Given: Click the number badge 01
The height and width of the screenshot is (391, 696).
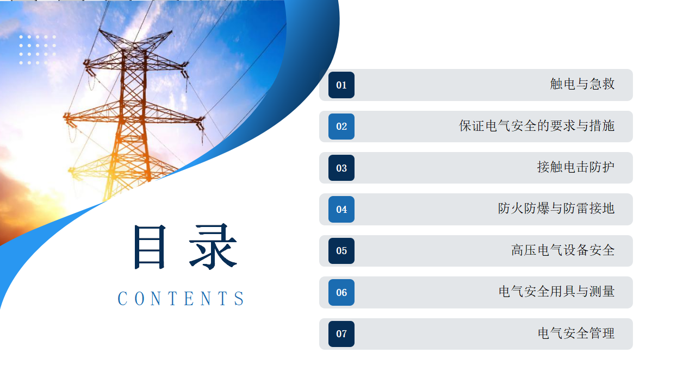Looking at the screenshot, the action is (x=341, y=85).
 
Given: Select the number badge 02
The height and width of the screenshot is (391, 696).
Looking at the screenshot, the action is (x=341, y=127).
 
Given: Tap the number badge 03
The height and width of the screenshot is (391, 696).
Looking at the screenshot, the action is (x=341, y=168).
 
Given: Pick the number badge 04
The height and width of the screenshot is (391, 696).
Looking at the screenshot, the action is (x=341, y=210).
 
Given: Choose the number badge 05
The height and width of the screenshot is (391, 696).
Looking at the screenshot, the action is (x=341, y=251).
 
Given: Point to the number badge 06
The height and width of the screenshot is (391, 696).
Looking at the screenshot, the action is (x=341, y=292).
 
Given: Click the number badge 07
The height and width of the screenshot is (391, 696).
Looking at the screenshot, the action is (x=341, y=334).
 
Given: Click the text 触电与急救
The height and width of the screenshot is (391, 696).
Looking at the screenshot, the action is (x=582, y=84).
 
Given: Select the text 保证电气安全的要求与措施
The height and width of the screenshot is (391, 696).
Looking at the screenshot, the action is (x=537, y=125).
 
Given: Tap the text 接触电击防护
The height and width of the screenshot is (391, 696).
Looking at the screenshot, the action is (x=576, y=167).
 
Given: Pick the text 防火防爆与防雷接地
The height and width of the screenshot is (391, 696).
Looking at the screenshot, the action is (x=556, y=209).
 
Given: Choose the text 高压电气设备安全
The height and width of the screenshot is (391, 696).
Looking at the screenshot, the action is (x=563, y=250).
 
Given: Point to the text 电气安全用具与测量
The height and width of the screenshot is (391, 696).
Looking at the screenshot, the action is (x=556, y=292).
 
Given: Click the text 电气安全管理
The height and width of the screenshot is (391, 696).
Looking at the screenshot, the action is (x=576, y=333).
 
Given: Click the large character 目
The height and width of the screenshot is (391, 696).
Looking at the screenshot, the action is (x=150, y=247).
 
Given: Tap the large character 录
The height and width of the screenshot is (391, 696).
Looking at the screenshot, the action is (x=213, y=247).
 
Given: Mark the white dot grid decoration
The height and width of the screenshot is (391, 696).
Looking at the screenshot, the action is (x=38, y=49).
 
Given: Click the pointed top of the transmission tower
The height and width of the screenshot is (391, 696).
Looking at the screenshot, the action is (x=99, y=30).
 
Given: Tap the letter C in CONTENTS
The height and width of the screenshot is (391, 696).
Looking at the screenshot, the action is (x=122, y=299).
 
